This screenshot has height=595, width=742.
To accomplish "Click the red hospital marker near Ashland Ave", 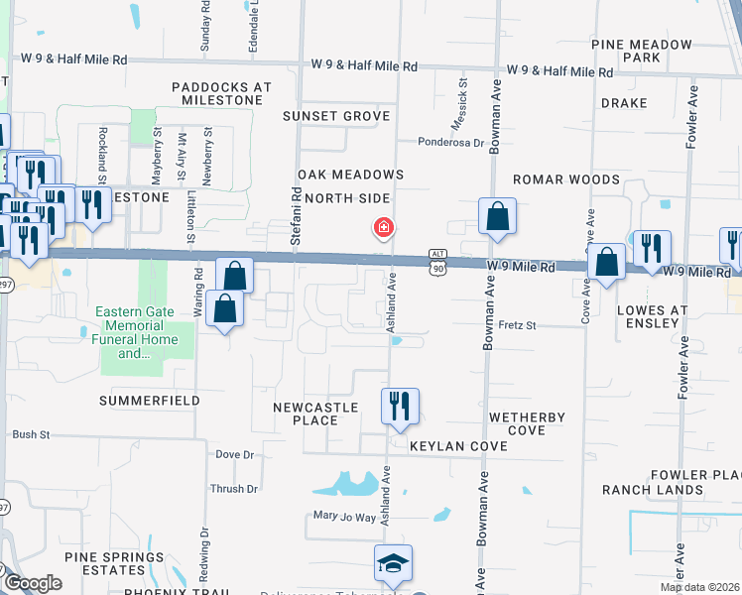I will [383, 228].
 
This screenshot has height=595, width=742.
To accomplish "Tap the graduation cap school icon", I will [393, 564].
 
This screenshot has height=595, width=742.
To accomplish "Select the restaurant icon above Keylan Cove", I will [400, 406].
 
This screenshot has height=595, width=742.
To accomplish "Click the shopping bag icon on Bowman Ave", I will [497, 216].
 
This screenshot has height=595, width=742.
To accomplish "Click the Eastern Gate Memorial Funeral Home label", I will [137, 332].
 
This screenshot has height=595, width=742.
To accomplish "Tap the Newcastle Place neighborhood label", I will [306, 414].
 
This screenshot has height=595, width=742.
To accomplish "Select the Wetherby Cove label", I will [527, 423].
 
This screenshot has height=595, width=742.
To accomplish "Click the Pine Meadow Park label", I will [641, 51].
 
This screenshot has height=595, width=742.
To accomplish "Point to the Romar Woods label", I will [566, 179].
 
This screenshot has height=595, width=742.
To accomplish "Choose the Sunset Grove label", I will [336, 116].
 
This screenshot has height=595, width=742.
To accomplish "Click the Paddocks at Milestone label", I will [221, 94].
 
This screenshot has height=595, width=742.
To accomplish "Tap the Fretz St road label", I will [517, 325].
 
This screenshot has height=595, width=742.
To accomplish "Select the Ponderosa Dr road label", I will [450, 142].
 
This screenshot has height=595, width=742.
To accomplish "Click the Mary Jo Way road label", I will [345, 517].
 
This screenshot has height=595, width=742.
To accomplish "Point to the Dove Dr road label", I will [235, 454].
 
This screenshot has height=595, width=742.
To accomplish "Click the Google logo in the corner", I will [33, 583].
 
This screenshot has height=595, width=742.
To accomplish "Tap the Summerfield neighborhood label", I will [149, 401].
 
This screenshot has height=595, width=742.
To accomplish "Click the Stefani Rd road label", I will [295, 219].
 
